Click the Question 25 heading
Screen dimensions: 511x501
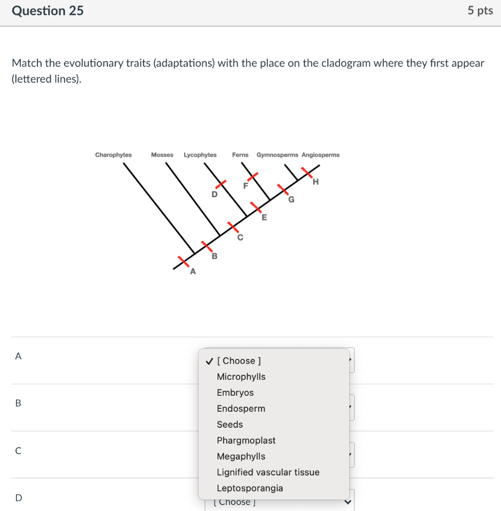point(48,10)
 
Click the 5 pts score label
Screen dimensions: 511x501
point(480,10)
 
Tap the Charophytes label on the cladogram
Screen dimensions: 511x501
point(113,155)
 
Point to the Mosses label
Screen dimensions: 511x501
point(162,155)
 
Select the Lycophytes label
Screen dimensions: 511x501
point(200,155)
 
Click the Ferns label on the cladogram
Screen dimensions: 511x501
point(240,155)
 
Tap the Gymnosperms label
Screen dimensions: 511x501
point(277,155)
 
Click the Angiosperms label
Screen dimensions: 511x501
point(320,155)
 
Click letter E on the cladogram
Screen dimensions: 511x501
point(264,217)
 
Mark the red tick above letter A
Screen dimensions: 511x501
point(184,260)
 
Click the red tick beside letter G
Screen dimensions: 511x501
point(283,190)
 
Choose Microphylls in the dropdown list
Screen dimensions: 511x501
point(241,377)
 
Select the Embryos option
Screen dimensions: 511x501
point(235,393)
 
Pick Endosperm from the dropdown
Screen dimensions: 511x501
point(241,409)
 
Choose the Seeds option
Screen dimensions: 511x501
point(230,425)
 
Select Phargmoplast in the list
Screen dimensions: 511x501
point(246,441)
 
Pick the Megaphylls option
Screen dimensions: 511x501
point(241,457)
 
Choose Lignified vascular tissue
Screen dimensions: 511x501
point(268,473)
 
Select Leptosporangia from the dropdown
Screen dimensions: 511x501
point(250,489)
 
